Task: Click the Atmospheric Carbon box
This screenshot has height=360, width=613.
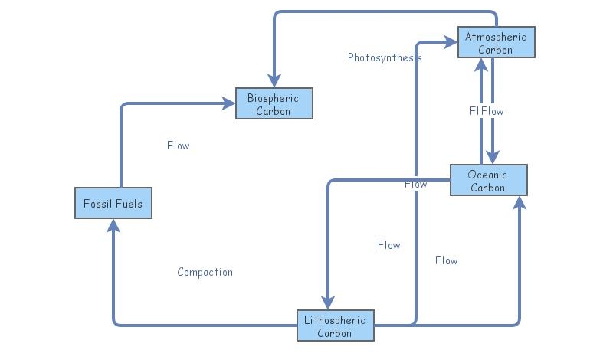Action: coord(496,42)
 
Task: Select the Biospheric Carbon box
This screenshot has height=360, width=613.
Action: coord(274,103)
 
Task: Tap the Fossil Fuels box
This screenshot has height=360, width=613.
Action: coord(113,203)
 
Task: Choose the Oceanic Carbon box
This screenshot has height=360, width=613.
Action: coord(488,180)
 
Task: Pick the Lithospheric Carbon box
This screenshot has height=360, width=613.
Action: coord(335,325)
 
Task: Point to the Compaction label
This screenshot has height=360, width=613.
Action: coord(205,272)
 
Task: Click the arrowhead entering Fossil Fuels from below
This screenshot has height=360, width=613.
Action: coord(113,224)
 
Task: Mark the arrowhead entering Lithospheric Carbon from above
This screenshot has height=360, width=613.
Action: coord(328,303)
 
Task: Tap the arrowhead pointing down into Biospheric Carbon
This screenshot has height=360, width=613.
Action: coord(274,82)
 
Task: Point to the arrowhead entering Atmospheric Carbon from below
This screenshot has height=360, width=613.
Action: coord(481,64)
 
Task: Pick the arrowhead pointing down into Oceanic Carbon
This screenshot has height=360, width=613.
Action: coord(492,159)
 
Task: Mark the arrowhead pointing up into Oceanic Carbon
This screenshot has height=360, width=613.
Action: coord(520,201)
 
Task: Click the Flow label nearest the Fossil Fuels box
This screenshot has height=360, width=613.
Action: coord(178,146)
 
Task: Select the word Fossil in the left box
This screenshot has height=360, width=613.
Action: coord(97,204)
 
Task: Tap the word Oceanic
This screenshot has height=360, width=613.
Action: coord(488,175)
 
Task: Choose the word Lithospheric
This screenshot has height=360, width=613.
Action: coord(335,319)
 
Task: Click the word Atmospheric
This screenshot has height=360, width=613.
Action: coord(496,37)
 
